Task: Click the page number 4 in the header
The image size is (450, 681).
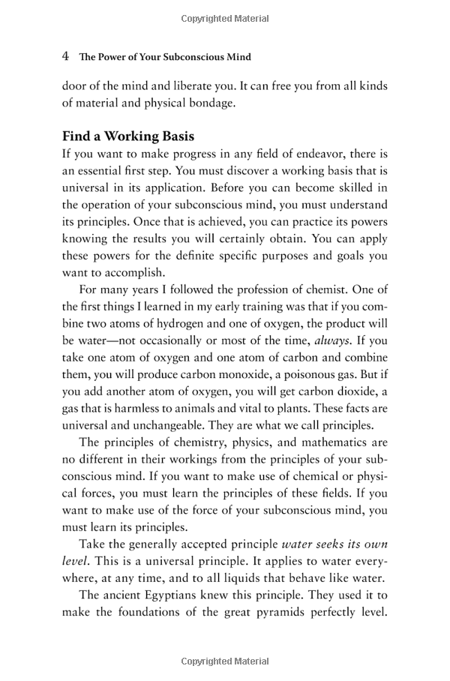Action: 66,56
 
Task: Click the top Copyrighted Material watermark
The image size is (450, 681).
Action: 225,16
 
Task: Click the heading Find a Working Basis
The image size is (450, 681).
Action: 128,136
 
